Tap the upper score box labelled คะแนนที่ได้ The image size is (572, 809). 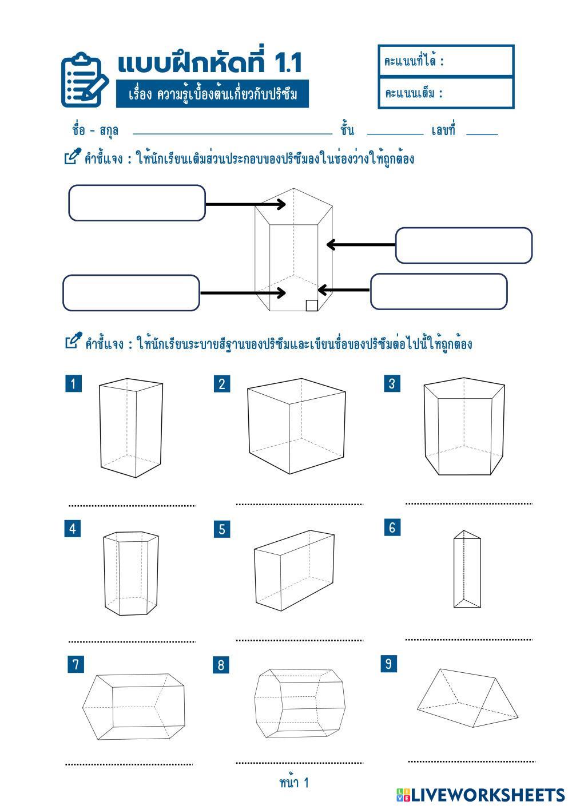point(446,61)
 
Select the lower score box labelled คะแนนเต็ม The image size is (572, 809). point(446,93)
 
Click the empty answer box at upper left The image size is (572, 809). point(137,203)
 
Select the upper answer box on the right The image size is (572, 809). point(463,245)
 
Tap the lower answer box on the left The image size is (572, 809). point(131,293)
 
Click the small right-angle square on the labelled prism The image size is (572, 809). point(312,306)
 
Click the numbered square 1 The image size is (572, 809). point(73,383)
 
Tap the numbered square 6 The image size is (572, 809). point(392,527)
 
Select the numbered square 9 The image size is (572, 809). point(389,664)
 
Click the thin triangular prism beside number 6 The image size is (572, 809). point(467,569)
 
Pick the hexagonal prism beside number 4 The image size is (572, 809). point(130,573)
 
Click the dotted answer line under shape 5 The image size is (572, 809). point(299,640)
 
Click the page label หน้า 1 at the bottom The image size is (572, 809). point(294,782)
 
